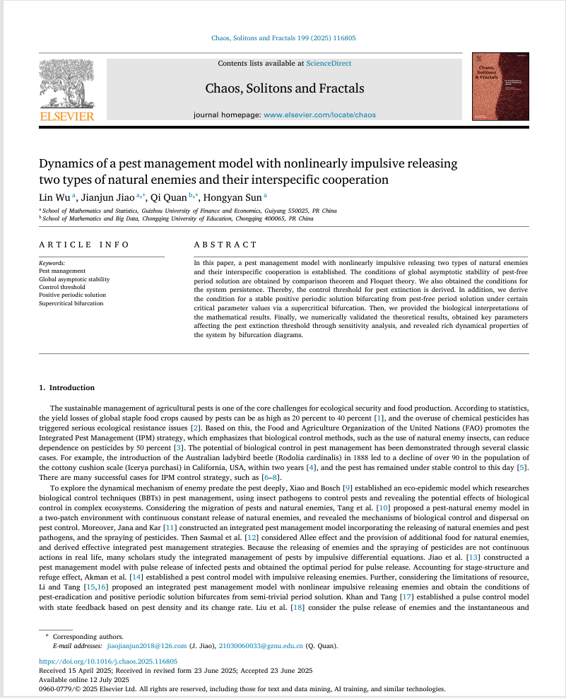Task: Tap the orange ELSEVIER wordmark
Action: [x=67, y=115]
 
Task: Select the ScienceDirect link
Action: [x=329, y=64]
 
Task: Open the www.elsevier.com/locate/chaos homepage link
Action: [x=319, y=114]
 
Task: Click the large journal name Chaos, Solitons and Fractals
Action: [x=285, y=88]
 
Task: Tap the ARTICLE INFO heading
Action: [x=84, y=245]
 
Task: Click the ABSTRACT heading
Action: [x=225, y=245]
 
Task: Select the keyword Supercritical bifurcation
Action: [x=71, y=303]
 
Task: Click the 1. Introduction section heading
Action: [x=66, y=387]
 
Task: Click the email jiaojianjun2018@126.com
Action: [x=146, y=645]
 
